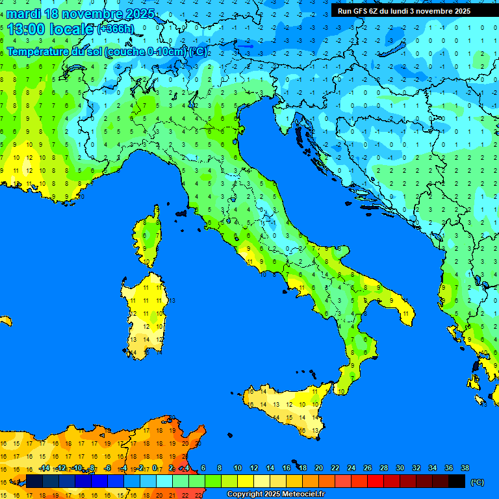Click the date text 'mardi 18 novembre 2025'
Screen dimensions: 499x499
(x=81, y=14)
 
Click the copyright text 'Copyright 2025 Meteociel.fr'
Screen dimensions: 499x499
(x=275, y=494)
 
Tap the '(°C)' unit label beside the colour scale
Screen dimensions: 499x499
(x=478, y=481)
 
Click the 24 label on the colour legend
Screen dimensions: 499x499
(x=351, y=468)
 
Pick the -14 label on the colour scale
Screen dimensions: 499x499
(x=44, y=468)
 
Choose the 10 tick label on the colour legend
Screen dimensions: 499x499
(x=238, y=468)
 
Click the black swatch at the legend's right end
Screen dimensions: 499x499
(x=457, y=481)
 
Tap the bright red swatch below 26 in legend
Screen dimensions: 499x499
(x=376, y=481)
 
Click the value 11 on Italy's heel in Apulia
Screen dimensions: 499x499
(x=405, y=314)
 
